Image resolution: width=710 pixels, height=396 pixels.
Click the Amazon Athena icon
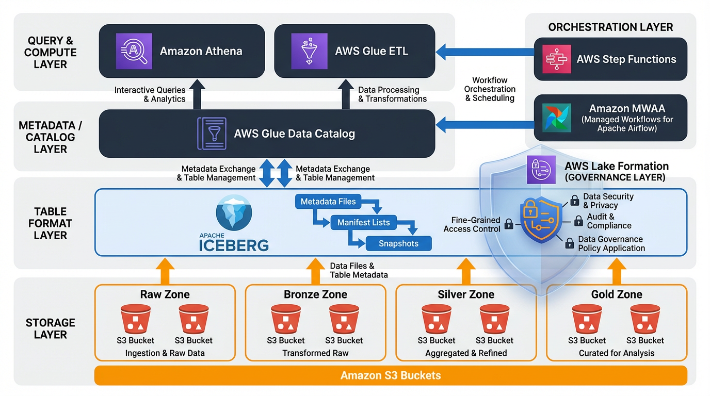tap(134, 51)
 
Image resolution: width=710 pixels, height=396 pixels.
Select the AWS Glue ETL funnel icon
tap(309, 51)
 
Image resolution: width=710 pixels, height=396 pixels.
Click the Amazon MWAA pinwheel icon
tap(557, 118)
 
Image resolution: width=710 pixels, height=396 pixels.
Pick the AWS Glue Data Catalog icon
tap(212, 134)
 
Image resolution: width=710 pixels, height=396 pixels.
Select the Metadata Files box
tap(328, 202)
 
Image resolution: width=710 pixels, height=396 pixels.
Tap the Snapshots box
tap(398, 243)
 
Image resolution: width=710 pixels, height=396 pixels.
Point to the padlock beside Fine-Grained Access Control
tap(509, 224)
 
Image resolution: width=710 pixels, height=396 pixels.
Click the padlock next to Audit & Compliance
tap(578, 221)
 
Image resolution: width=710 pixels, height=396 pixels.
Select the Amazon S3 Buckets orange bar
tap(391, 375)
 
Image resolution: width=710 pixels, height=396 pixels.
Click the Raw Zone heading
tap(165, 294)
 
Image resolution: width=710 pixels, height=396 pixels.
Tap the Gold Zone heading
tap(617, 294)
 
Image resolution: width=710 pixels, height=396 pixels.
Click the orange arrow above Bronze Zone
tap(315, 271)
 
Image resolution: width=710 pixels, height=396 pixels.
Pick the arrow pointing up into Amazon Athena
tap(197, 94)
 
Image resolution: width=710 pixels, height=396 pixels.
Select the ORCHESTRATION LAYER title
tap(610, 27)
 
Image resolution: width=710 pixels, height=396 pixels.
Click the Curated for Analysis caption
tap(617, 353)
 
